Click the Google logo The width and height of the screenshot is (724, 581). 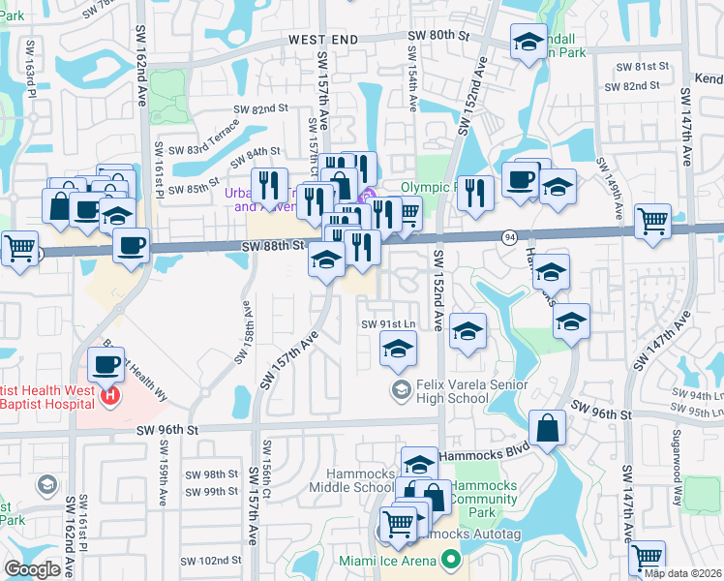(x=32, y=569)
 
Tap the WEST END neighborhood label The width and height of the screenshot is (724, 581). (x=323, y=40)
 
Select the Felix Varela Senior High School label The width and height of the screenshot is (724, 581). (x=466, y=391)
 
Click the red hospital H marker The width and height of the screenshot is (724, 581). (x=110, y=395)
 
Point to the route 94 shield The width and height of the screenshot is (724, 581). (x=508, y=236)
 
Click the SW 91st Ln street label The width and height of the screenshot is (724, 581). (x=388, y=323)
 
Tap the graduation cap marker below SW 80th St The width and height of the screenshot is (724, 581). (x=528, y=42)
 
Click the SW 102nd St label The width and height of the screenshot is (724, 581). (x=215, y=560)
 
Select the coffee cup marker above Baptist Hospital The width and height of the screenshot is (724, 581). (x=106, y=364)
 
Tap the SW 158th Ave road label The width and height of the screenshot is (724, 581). (x=242, y=331)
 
